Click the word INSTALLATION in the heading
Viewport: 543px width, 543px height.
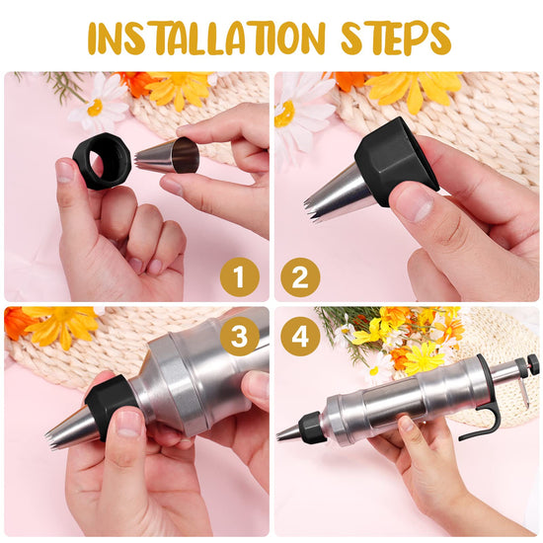[206, 38]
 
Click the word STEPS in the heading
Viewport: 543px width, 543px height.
[396, 38]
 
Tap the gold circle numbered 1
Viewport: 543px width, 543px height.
[240, 277]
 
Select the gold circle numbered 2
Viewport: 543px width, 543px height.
[300, 277]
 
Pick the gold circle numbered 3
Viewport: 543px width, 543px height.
[240, 336]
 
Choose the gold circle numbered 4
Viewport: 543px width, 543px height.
[300, 336]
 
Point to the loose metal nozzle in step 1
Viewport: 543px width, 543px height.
[169, 155]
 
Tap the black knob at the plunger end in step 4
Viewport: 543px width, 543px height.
[526, 363]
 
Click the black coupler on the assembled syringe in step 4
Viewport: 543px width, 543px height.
[312, 427]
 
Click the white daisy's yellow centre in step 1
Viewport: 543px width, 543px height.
[95, 108]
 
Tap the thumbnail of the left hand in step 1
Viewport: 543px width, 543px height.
[65, 171]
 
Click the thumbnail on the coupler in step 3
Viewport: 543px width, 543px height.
[128, 425]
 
